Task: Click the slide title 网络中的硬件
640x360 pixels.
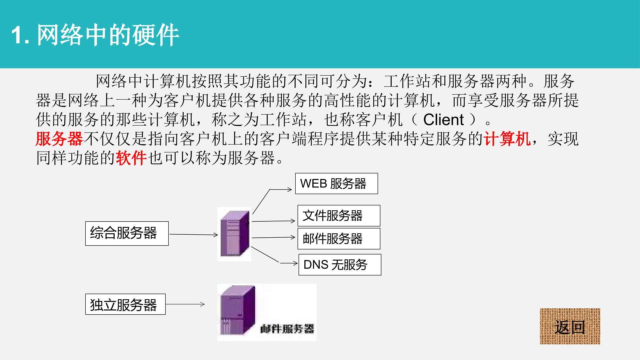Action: tap(95, 35)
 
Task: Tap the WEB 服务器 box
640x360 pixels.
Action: tap(337, 183)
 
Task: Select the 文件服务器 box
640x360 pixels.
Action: tap(339, 216)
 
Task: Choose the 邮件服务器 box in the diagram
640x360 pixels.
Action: tap(339, 239)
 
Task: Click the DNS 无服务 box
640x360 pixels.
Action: tap(340, 265)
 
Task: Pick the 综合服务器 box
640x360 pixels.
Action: tap(127, 233)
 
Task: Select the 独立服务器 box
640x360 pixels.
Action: tap(125, 304)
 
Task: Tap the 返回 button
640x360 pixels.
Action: tap(570, 326)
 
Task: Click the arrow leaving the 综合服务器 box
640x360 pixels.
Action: tap(194, 235)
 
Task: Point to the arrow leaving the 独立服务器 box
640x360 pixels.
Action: tap(185, 304)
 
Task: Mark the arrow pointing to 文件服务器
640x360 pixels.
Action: tap(274, 221)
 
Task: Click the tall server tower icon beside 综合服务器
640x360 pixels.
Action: tap(234, 234)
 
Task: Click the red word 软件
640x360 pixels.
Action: tap(131, 158)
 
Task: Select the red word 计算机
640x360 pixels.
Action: tap(507, 139)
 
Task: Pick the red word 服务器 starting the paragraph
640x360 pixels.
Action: tap(59, 139)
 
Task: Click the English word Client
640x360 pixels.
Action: tap(444, 119)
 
